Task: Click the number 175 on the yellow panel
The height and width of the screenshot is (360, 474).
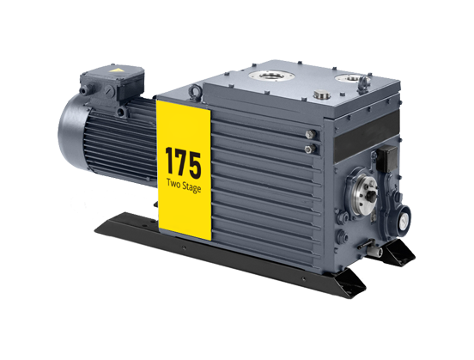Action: coord(183,162)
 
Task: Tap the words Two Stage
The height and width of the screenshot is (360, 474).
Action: coord(184,185)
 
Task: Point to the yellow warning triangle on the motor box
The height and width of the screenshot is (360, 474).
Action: coord(116,70)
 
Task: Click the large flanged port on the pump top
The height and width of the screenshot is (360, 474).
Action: coord(271,75)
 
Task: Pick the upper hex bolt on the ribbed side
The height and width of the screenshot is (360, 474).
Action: coord(311,134)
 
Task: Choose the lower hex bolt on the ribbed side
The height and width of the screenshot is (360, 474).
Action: coord(309,149)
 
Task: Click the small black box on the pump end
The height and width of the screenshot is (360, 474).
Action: coord(387,158)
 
